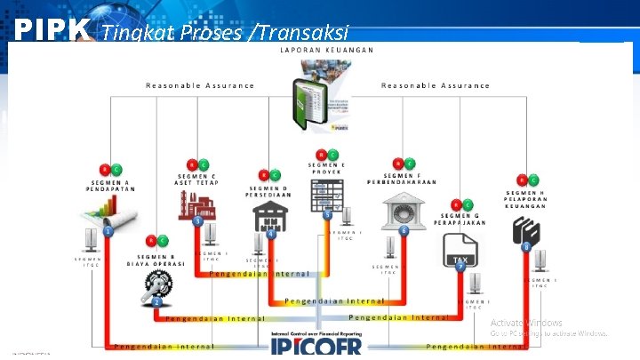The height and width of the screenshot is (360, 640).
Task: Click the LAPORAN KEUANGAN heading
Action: (x=326, y=50)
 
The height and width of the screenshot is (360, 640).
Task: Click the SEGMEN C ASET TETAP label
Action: (x=196, y=180)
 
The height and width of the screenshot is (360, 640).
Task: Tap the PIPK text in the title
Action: (x=52, y=31)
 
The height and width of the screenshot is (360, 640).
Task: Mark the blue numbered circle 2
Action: (x=156, y=302)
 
